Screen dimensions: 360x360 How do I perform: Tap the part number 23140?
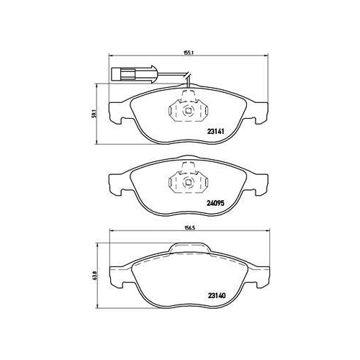point(217,294)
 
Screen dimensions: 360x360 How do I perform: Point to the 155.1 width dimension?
point(181,53)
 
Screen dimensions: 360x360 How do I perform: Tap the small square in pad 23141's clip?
point(186,111)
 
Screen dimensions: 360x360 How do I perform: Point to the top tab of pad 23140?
point(191,249)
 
